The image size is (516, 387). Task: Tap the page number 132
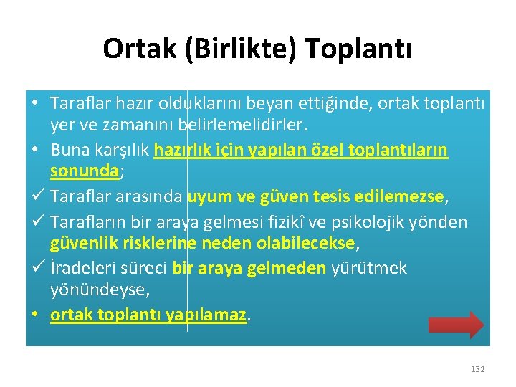(x=477, y=369)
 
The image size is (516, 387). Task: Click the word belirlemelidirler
(x=242, y=126)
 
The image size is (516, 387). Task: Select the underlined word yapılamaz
(x=215, y=315)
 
